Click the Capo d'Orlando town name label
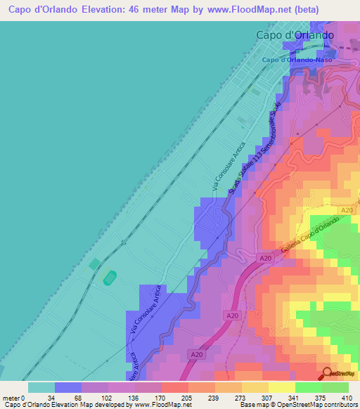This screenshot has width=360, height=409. tap(294, 35)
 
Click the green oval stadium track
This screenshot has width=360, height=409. tap(109, 279)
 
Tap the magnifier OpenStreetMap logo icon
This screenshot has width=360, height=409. tap(328, 374)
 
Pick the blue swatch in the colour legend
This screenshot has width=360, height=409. tap(67, 387)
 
